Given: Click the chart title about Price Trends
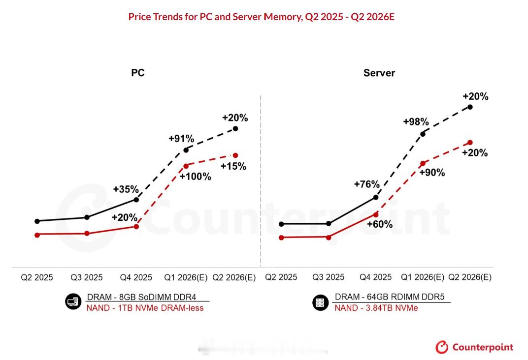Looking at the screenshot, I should tap(261, 17).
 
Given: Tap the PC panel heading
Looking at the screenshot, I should tap(137, 73).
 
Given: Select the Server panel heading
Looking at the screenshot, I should tap(379, 73).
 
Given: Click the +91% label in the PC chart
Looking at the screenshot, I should tap(181, 139).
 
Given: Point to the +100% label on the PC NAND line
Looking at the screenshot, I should tap(196, 177).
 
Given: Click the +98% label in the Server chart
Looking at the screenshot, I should tap(416, 122).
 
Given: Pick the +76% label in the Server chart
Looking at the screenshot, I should tap(366, 184).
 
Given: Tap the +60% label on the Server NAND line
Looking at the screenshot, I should tap(380, 224).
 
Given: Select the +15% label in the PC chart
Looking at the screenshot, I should tap(233, 166).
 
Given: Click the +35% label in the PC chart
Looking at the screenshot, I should tap(126, 189).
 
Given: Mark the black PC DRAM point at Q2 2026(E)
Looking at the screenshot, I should tap(235, 128).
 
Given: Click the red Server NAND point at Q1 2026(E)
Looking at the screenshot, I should tap(423, 163).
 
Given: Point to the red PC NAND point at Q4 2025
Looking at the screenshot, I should tap(136, 227).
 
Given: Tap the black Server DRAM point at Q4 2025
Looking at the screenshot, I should tap(376, 197).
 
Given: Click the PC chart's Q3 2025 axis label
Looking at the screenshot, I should tap(86, 277).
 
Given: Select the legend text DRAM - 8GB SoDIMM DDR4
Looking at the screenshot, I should tap(141, 298).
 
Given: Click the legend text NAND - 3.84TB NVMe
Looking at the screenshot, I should tap(376, 308).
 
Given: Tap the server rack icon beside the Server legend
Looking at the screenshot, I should tap(320, 302).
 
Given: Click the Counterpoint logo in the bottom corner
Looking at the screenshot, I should tap(474, 347).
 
